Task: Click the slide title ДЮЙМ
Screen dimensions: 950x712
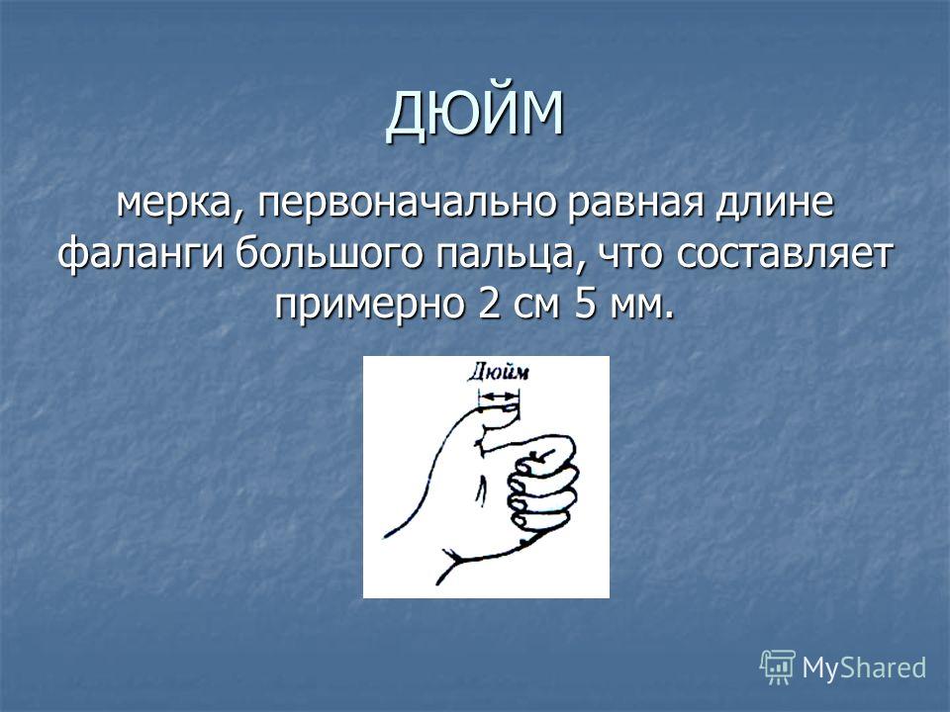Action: point(476,115)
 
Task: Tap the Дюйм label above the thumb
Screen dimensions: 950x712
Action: point(498,371)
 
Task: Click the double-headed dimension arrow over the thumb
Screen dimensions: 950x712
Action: point(499,397)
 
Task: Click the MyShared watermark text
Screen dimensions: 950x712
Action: point(864,667)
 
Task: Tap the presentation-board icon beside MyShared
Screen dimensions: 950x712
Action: point(778,667)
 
